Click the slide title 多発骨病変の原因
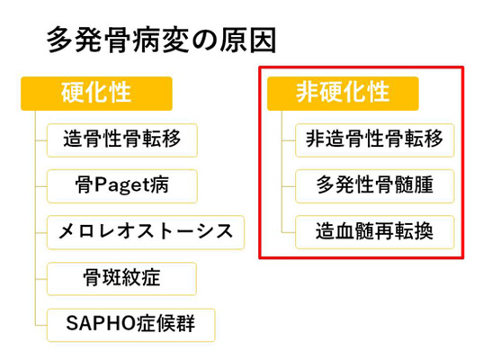click(161, 40)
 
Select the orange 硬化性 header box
click(96, 94)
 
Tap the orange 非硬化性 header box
click(343, 94)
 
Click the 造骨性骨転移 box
click(122, 140)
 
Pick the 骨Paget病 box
click(122, 186)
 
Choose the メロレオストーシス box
click(146, 232)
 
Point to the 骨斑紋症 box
click(121, 279)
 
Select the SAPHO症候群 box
click(131, 325)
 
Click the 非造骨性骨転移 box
click(375, 140)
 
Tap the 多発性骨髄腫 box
click(375, 186)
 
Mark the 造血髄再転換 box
click(375, 232)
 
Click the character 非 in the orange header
click(307, 92)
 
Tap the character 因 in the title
click(263, 40)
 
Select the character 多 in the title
click(59, 40)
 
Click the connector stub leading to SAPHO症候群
click(41, 325)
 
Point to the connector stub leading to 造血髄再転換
click(289, 232)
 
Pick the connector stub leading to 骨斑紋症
click(41, 279)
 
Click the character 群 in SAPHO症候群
click(185, 323)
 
